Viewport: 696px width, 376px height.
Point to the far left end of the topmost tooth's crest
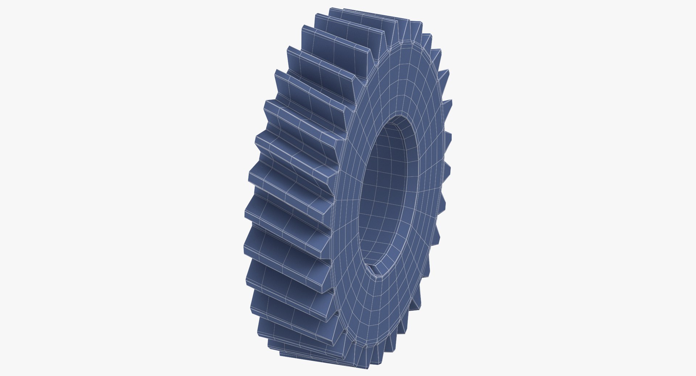point(332,11)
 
